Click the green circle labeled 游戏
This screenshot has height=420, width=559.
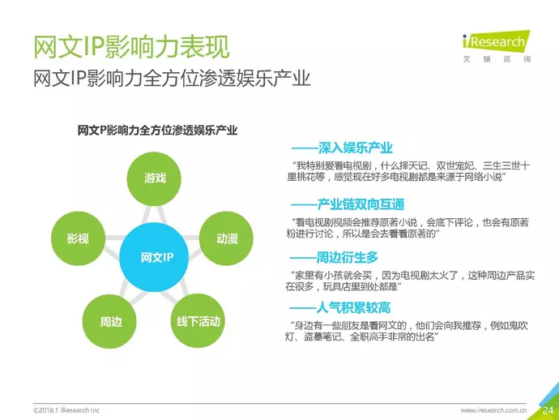coord(154,178)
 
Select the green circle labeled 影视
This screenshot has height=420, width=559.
coord(78,238)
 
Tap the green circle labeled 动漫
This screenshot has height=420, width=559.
coord(226,238)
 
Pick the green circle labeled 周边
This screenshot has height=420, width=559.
coord(109,322)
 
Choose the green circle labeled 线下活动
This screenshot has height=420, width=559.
coord(198,321)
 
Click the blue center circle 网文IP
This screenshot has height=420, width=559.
coord(154,257)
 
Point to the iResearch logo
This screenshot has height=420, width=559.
coord(497,46)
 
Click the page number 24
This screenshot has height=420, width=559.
coord(548,410)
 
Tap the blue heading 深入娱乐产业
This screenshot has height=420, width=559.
coord(356,148)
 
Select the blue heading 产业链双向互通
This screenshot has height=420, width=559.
coord(361,204)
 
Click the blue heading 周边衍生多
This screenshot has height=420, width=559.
coord(348,257)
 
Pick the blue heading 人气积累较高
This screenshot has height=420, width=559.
coord(353,307)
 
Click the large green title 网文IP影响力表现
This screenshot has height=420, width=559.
coord(131,47)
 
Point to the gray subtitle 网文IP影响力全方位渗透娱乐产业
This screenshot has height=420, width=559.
coord(172,78)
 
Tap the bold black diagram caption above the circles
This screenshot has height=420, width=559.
coord(157,131)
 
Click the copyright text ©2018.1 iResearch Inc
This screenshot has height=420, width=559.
coord(66,410)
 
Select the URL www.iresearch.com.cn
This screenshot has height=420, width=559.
coord(493,410)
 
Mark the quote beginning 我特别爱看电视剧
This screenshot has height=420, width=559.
coord(408,171)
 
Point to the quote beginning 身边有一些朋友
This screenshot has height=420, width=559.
coord(407,331)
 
